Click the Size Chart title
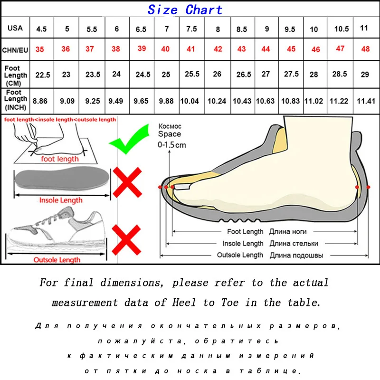pyautogui.click(x=185, y=9)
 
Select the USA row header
pyautogui.click(x=15, y=28)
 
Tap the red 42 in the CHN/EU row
pyautogui.click(x=218, y=49)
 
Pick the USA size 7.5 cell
pyautogui.click(x=191, y=29)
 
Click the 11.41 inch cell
pyautogui.click(x=366, y=101)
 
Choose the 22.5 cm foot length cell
pyautogui.click(x=42, y=75)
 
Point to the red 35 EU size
pyautogui.click(x=42, y=49)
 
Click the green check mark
pyautogui.click(x=127, y=139)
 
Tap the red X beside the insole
pyautogui.click(x=127, y=183)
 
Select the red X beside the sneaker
pyautogui.click(x=127, y=239)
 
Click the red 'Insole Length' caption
pyautogui.click(x=60, y=200)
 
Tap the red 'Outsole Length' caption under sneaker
pyautogui.click(x=57, y=260)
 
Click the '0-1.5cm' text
pyautogui.click(x=171, y=145)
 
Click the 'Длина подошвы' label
pyautogui.click(x=296, y=255)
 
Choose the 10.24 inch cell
pyautogui.click(x=218, y=101)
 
